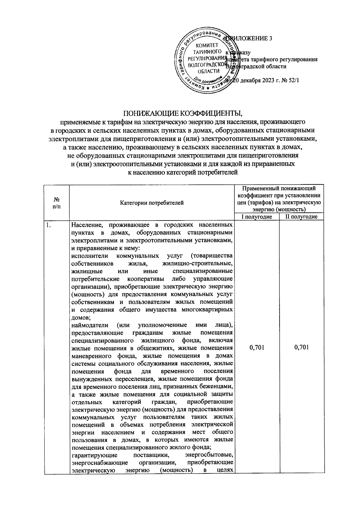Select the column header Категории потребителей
[152, 203]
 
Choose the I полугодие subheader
[257, 217]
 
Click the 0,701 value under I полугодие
[257, 348]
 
